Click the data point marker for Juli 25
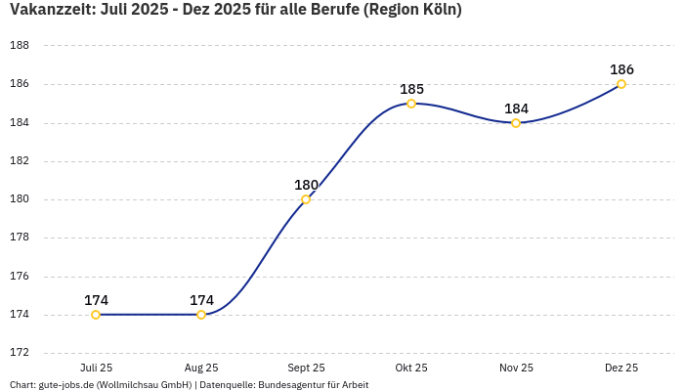point(96,315)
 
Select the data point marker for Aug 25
point(201,315)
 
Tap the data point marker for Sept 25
point(306,199)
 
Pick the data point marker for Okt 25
point(411,104)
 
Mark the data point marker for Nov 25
point(516,123)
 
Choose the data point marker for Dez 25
point(621,84)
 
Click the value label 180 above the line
point(306,185)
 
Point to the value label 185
point(411,89)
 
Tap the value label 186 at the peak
point(621,69)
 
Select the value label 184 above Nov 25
point(516,109)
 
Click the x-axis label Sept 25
point(306,368)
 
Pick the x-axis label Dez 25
point(621,368)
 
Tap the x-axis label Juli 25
point(96,368)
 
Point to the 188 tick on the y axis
point(19,46)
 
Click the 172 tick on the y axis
point(19,353)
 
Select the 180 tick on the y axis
point(19,199)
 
